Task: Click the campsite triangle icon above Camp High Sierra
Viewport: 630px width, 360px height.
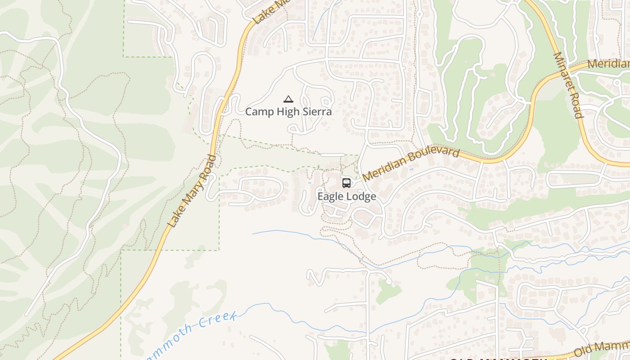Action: tap(288, 99)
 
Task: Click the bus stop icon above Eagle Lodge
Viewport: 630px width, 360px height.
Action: tap(346, 183)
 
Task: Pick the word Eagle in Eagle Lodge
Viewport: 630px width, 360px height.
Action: tap(331, 197)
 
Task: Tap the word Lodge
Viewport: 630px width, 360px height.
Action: tap(361, 197)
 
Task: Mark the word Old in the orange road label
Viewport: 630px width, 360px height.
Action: tap(584, 351)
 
